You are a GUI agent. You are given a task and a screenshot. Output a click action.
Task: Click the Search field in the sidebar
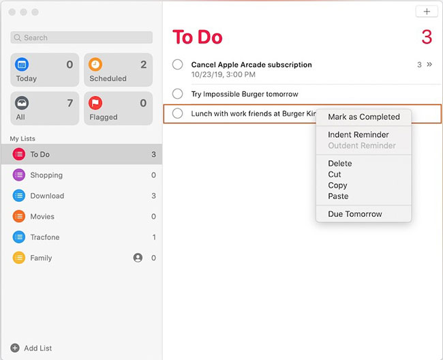[x=80, y=38]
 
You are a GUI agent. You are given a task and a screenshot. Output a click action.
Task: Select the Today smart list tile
[x=45, y=70]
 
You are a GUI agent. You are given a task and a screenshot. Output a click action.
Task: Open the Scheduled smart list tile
[x=119, y=70]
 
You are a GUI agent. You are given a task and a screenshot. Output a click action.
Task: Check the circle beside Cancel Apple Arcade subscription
[x=178, y=65]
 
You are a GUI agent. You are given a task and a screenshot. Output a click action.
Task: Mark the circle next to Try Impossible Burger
[x=178, y=94]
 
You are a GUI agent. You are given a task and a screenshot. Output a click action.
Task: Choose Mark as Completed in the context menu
[x=363, y=117]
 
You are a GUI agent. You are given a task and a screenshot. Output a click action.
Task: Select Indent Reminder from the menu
[x=358, y=135]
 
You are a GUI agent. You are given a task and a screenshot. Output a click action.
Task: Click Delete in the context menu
[x=339, y=164]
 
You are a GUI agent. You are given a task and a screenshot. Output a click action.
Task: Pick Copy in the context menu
[x=337, y=185]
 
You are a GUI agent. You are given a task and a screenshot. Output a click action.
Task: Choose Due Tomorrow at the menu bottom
[x=354, y=214]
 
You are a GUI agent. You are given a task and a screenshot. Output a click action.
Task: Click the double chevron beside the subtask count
[x=429, y=65]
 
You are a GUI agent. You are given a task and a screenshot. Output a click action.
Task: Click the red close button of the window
[x=12, y=12]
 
